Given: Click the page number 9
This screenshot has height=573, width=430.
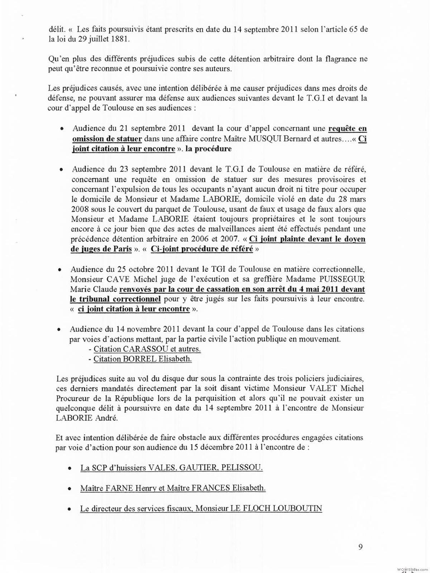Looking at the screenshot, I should coord(360,547).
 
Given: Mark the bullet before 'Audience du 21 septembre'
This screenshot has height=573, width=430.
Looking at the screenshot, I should coord(62,129).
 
